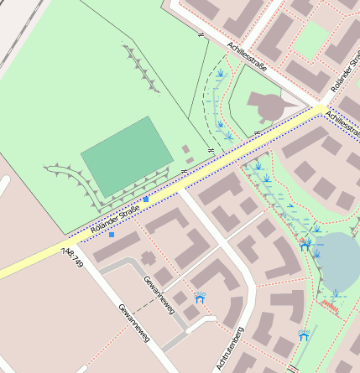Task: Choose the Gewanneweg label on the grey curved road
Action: pos(158,294)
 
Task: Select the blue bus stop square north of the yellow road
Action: pos(146,199)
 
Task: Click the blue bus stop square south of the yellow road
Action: pos(112,235)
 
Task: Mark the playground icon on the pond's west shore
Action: pos(306,244)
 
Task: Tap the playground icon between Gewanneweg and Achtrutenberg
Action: pos(200,297)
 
